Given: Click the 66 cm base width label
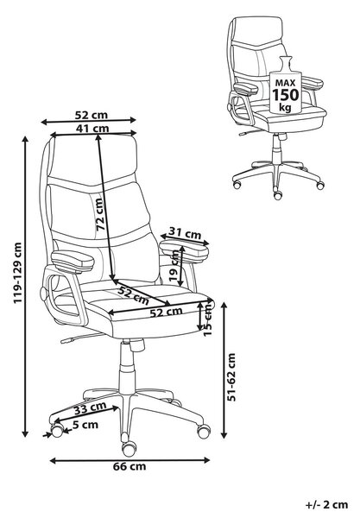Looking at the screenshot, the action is [129, 466].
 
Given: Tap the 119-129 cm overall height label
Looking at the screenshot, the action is [17, 273].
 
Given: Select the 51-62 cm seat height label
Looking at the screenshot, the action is [232, 377].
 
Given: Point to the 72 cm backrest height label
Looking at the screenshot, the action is [98, 214].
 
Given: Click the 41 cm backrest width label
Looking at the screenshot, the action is [92, 128].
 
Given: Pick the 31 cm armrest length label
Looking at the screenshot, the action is [185, 233].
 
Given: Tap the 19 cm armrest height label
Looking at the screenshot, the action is [174, 266].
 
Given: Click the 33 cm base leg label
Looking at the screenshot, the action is [90, 407].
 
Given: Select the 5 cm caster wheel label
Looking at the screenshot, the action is [85, 425].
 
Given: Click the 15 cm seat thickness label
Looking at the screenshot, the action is [208, 319].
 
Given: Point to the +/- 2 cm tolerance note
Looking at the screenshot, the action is [326, 504].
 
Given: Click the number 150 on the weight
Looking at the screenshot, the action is [285, 95].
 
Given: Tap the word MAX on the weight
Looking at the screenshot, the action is [285, 83].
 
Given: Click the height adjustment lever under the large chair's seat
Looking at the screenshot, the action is [82, 338].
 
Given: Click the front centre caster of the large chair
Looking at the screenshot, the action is [129, 449].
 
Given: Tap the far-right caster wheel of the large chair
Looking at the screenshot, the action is [204, 431].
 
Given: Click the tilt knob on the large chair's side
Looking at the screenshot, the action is [43, 294].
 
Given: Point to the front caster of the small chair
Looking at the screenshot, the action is [278, 194].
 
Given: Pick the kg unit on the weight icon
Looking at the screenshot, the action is [285, 107].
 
